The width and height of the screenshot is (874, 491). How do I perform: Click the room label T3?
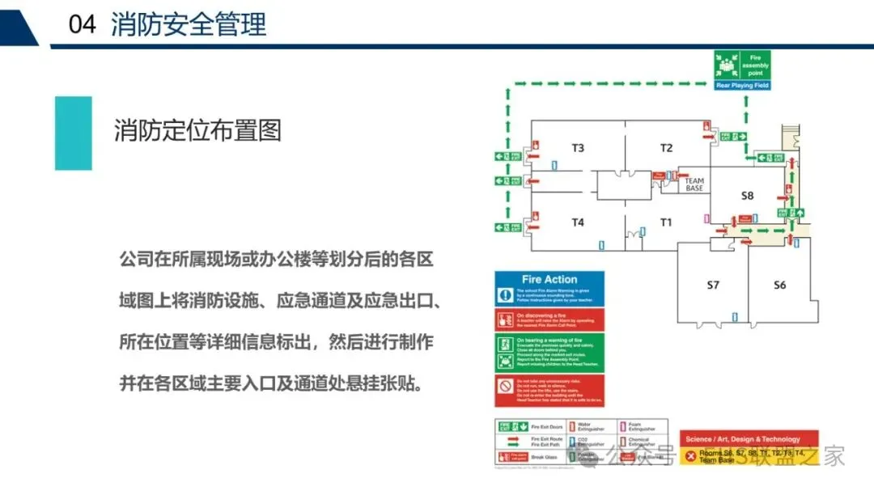click(x=578, y=148)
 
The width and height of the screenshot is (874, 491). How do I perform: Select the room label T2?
click(x=666, y=148)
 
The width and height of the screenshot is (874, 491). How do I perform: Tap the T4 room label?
click(x=578, y=222)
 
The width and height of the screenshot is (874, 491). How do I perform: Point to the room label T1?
click(x=666, y=222)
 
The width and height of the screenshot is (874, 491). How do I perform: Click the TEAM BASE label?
click(x=694, y=185)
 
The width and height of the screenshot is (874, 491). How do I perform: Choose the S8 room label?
click(x=747, y=196)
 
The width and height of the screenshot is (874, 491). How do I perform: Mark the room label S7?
click(x=713, y=285)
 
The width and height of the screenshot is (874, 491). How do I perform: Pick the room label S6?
click(x=779, y=285)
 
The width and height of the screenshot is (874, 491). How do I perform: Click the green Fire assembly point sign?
click(x=742, y=66)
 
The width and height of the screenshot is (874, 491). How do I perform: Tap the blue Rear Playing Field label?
click(x=742, y=85)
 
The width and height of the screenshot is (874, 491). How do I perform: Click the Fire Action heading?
click(x=549, y=279)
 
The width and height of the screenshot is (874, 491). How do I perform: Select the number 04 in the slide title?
click(x=82, y=24)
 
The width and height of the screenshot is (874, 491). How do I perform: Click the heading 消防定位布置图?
click(x=197, y=130)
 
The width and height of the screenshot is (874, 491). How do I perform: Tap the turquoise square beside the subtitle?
click(x=74, y=133)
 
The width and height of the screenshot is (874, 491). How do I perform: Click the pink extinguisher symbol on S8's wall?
click(x=706, y=218)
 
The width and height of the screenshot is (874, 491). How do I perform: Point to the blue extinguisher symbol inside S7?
click(x=735, y=317)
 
